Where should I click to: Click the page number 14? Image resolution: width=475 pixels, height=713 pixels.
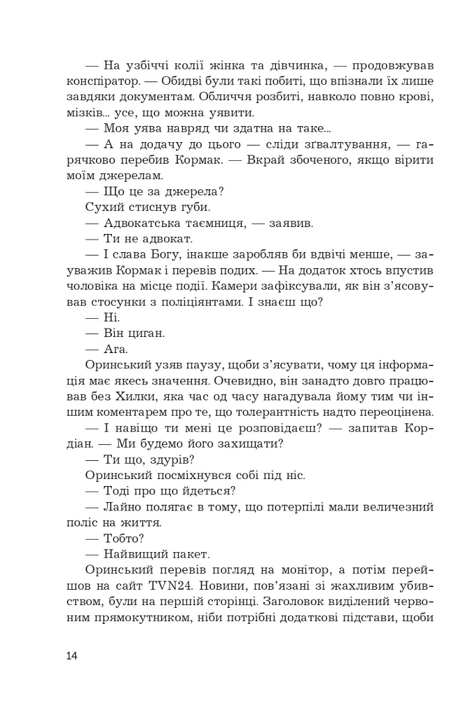click(73, 656)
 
